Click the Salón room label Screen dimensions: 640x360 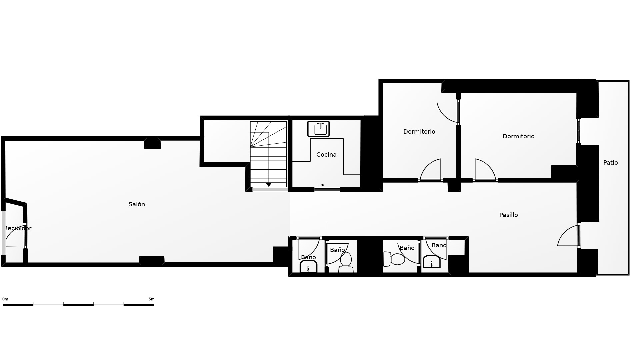137,204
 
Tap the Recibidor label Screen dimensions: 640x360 18,228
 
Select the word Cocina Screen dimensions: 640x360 326,155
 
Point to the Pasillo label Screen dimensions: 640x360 509,215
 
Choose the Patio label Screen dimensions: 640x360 611,163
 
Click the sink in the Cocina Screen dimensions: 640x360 318,129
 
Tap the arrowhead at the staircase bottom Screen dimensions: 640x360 269,185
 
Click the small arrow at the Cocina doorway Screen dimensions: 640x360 321,185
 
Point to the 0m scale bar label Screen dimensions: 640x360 5,299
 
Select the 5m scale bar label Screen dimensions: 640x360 151,299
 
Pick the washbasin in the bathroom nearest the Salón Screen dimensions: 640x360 308,266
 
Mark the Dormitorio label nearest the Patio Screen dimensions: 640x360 518,136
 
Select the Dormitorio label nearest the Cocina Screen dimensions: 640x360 419,132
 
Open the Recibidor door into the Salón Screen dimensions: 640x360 15,237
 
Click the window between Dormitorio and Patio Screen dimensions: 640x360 579,131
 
